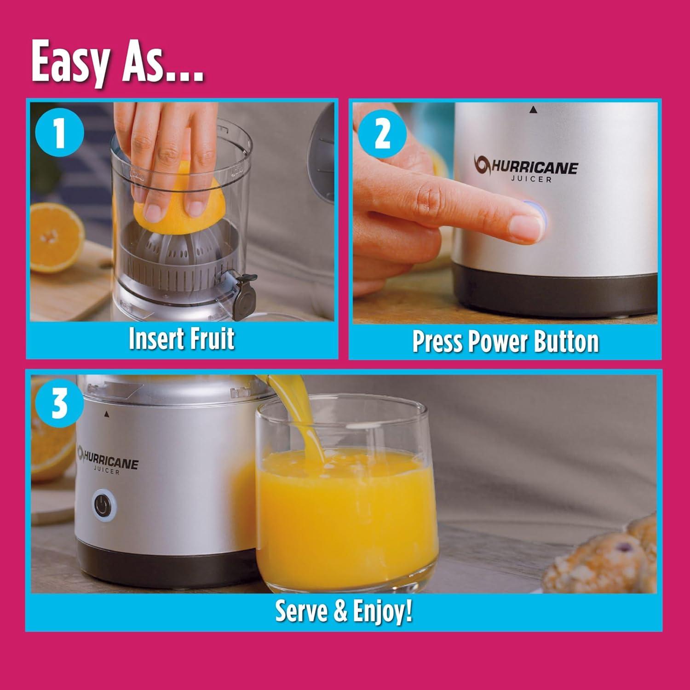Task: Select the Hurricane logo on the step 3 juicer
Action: point(108,463)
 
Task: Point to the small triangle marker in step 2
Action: point(533,109)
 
